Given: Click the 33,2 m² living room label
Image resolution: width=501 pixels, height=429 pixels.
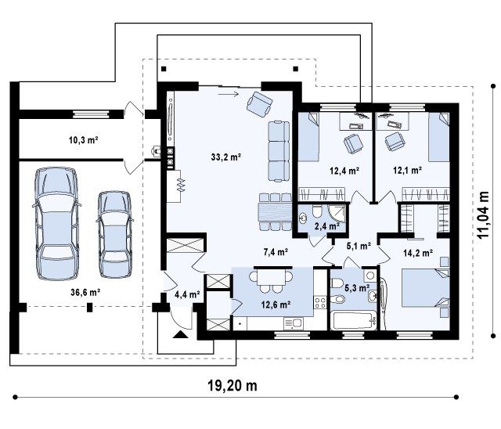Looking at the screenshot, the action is click(x=226, y=157).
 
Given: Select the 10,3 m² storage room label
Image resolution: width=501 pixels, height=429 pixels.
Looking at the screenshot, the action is click(x=84, y=139).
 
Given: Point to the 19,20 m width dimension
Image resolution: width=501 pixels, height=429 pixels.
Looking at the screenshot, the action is click(x=232, y=386).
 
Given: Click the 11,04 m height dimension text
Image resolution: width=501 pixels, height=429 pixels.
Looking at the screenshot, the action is click(x=483, y=214).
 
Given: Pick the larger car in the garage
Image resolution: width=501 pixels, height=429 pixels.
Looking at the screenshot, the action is click(x=56, y=223).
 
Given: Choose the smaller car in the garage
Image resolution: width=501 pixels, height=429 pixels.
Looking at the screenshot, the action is click(x=115, y=234).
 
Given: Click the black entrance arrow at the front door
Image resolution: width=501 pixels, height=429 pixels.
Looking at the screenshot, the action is click(x=181, y=334).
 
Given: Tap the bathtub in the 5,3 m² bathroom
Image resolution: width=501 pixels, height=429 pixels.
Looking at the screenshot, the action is click(x=354, y=321).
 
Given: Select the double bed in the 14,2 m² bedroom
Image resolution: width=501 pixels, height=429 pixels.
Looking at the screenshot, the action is click(x=425, y=288).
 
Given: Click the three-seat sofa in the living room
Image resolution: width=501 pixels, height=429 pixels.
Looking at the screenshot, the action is click(x=279, y=151).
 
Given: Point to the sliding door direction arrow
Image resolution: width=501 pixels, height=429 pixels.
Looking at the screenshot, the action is click(x=229, y=94).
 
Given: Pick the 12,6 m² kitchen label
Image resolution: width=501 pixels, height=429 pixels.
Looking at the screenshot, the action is click(x=276, y=305).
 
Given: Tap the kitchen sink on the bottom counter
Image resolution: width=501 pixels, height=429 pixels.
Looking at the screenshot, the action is click(x=293, y=323).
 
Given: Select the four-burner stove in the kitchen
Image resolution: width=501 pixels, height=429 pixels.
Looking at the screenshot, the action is click(x=320, y=302).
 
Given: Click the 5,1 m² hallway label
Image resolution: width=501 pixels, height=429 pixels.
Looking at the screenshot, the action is click(x=359, y=246).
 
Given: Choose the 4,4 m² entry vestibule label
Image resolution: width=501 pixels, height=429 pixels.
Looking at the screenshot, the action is click(x=188, y=294).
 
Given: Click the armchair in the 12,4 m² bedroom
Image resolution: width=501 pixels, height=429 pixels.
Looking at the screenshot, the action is click(x=353, y=144).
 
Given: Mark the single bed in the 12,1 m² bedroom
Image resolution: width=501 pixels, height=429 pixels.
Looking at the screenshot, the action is click(x=438, y=137).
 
